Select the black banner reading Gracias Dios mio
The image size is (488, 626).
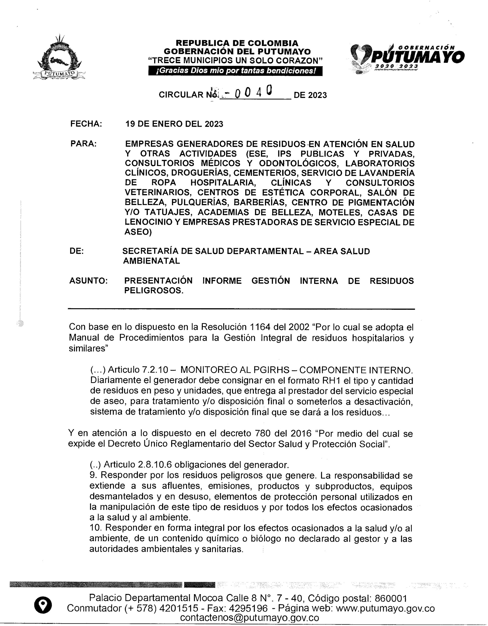click(235, 71)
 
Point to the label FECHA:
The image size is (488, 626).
click(86, 124)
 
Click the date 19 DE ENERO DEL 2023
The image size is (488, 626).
click(174, 124)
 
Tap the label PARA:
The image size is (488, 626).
click(83, 143)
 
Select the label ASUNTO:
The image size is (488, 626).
click(88, 281)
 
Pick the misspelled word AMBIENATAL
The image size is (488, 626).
click(151, 261)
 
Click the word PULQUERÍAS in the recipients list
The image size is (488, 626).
click(200, 202)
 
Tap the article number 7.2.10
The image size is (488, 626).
click(155, 370)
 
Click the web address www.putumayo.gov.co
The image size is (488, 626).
click(385, 608)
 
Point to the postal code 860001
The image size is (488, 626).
click(391, 598)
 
